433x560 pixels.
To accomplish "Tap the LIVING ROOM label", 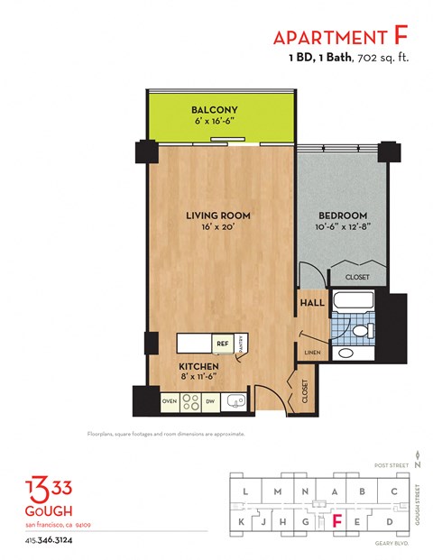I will (x=217, y=216).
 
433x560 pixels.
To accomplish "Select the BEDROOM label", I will (x=343, y=216).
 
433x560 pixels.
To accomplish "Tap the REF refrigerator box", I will (x=221, y=344).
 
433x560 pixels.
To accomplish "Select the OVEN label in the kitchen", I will (x=169, y=400).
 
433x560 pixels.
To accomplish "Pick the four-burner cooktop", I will (x=190, y=400).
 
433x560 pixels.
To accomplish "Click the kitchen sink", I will (x=235, y=400).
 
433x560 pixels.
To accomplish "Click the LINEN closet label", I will (x=312, y=352).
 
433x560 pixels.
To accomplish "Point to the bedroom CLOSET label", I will (x=357, y=277).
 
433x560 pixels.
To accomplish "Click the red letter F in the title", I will (x=401, y=36).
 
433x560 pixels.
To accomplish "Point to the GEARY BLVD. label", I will (x=390, y=544).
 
